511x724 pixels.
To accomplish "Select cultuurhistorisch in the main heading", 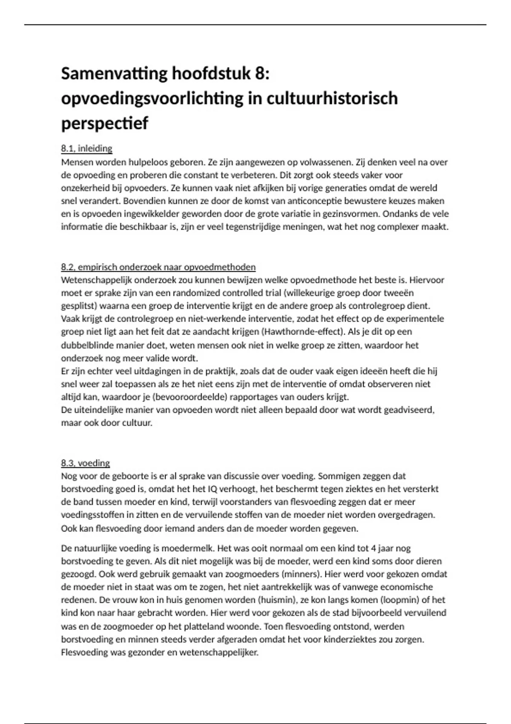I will (x=332, y=98).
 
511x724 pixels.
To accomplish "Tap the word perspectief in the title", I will (x=105, y=124).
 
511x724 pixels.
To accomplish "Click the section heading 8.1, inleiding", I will (x=86, y=149).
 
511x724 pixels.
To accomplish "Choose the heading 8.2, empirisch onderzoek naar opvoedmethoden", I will (x=158, y=267).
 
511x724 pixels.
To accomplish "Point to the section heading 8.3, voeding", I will (x=85, y=463).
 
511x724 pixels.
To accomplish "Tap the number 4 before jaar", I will (x=373, y=548).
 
